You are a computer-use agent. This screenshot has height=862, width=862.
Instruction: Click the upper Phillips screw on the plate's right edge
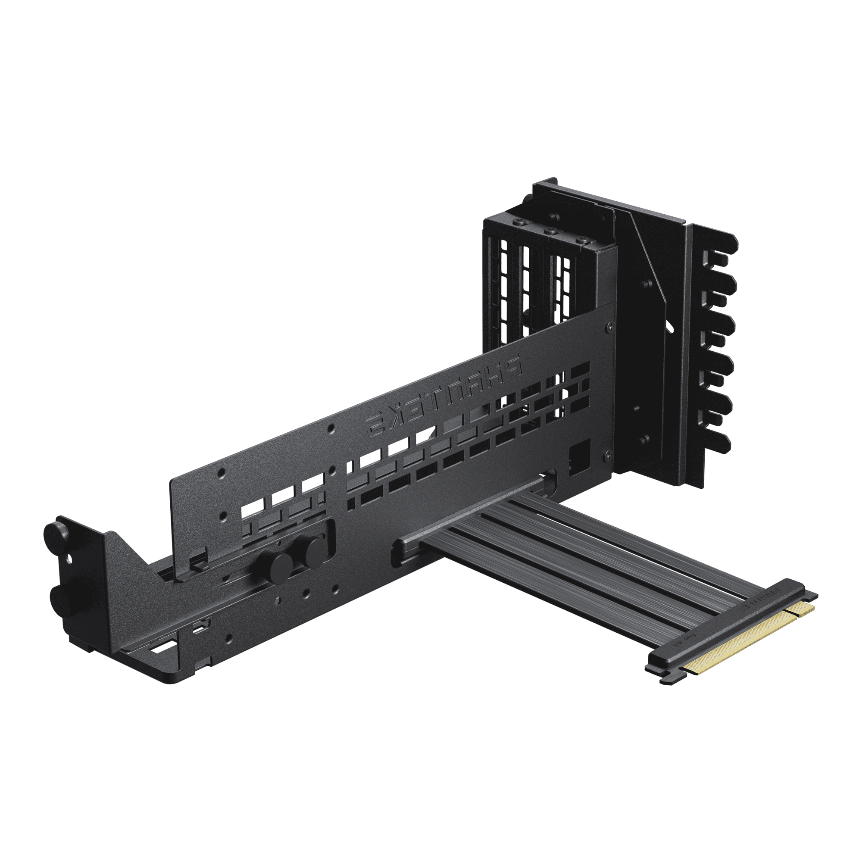click(609, 327)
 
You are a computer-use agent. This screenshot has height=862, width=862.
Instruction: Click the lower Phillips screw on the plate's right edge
click(607, 455)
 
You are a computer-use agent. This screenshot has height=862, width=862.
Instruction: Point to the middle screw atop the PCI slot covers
click(550, 232)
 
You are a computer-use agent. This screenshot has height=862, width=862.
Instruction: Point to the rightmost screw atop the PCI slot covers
click(581, 241)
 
